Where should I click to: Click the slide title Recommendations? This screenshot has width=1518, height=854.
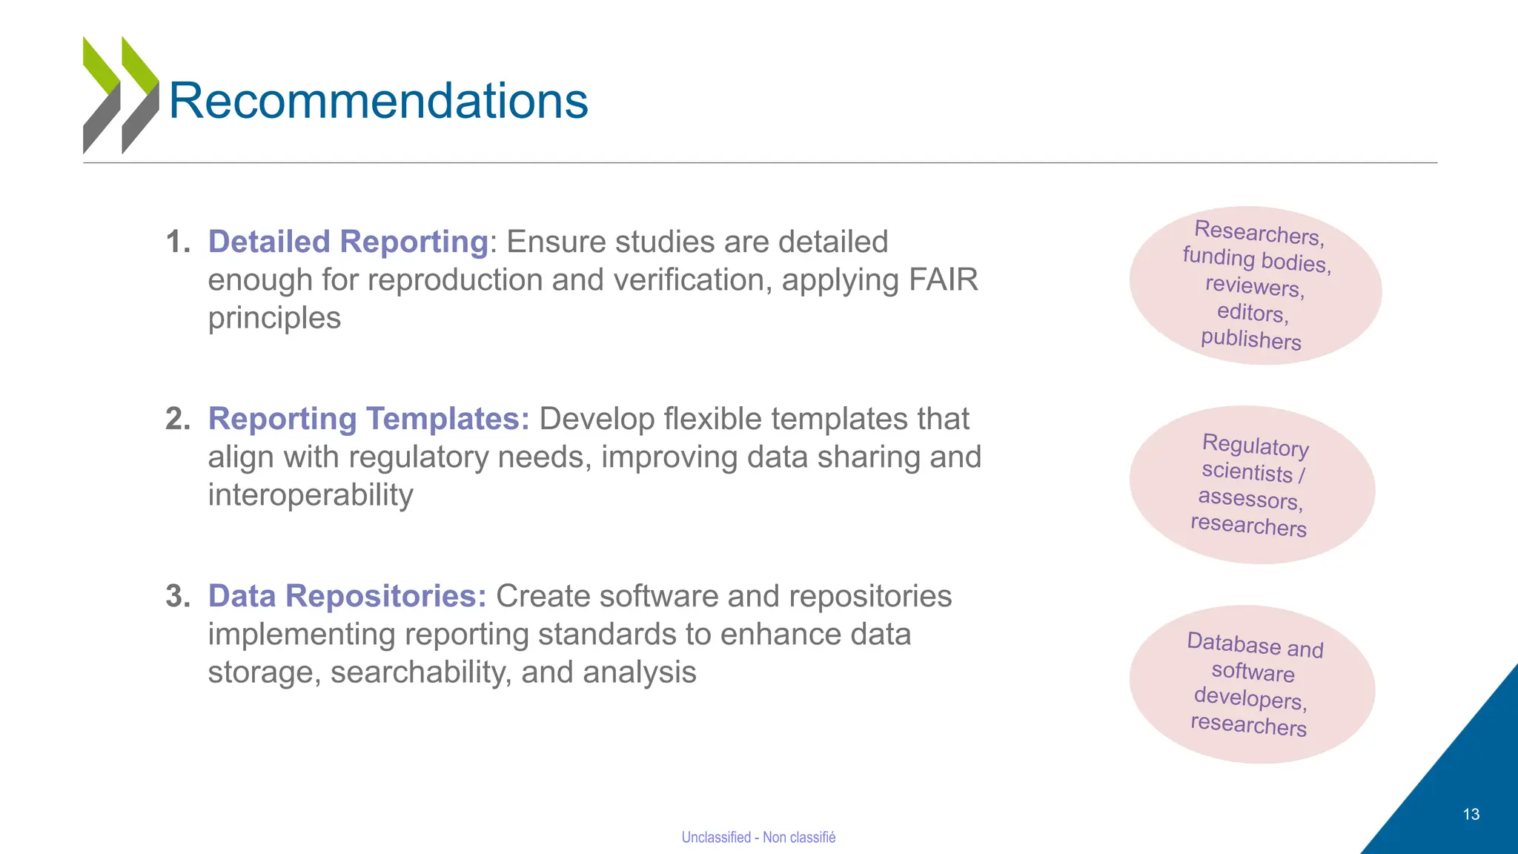(378, 101)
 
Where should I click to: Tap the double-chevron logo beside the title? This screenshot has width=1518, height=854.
(121, 95)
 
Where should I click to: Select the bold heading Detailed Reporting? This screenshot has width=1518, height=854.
(348, 242)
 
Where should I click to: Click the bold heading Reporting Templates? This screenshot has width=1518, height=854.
(368, 419)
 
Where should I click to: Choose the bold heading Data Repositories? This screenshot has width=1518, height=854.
(347, 596)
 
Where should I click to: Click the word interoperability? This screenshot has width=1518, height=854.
(310, 495)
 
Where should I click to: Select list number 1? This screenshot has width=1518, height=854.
(177, 242)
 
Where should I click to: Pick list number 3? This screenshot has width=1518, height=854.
(177, 596)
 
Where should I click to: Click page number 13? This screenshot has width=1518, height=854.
(1471, 814)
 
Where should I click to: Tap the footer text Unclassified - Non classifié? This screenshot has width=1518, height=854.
(758, 837)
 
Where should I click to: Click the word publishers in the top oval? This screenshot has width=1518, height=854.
(1250, 339)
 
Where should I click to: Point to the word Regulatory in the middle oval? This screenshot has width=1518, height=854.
(1255, 446)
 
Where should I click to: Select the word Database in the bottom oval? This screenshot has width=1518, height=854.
(1233, 642)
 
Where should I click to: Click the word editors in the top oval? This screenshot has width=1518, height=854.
(1252, 312)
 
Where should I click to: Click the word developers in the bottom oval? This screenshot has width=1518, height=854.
(1250, 698)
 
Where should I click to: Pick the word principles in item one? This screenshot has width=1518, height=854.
(274, 318)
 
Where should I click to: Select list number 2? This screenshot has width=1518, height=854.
(177, 419)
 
